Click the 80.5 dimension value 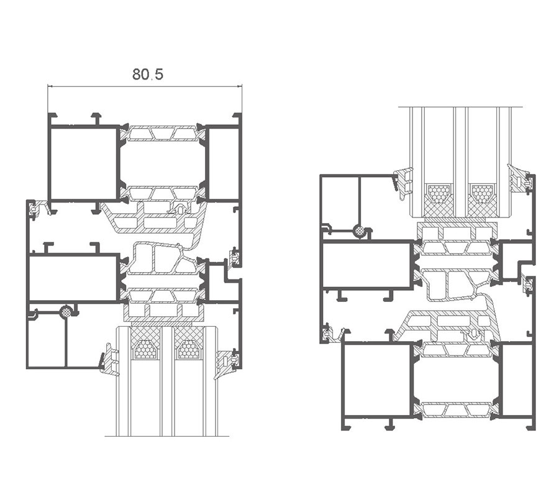(x=148, y=74)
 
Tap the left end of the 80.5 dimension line (x=48, y=86)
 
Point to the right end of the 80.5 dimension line (x=242, y=86)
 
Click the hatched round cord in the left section (x=66, y=311)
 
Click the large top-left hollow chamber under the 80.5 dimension (x=84, y=163)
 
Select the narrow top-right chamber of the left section (x=223, y=163)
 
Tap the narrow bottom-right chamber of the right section (x=517, y=380)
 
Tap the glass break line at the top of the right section (x=460, y=107)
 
